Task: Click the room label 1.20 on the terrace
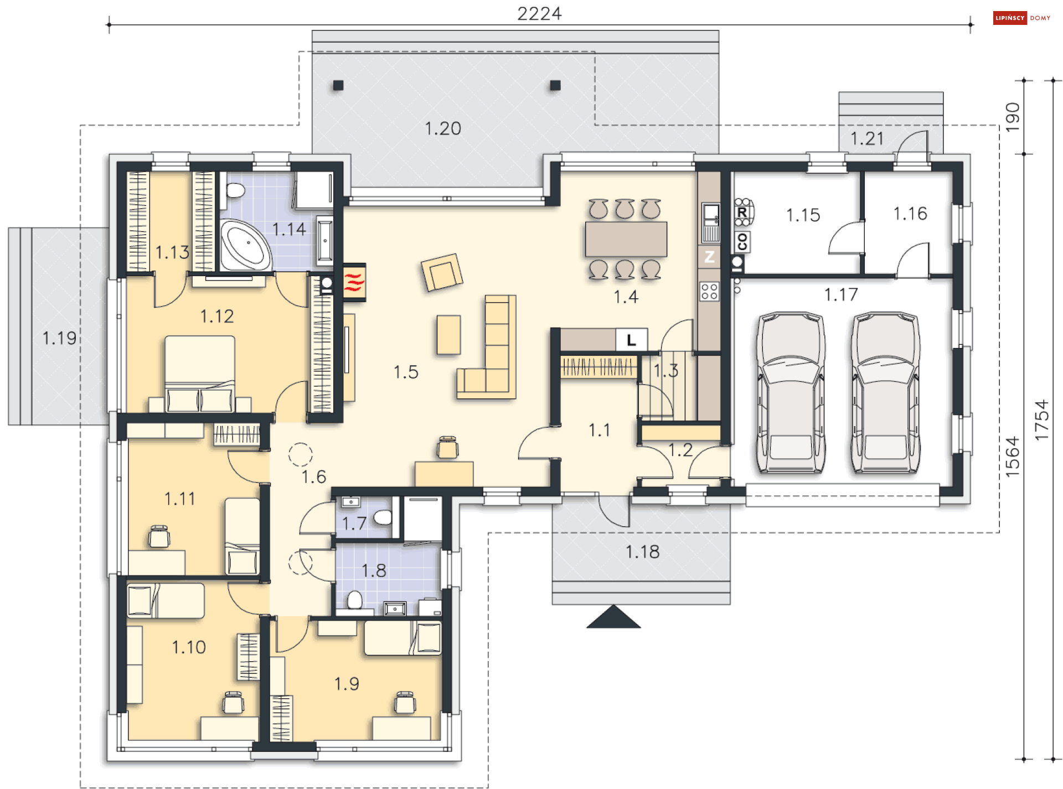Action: point(442,128)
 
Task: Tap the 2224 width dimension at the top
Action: point(539,13)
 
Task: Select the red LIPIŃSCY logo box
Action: point(1010,18)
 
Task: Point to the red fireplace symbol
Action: point(354,282)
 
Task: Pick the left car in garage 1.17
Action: point(791,392)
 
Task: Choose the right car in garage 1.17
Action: point(885,392)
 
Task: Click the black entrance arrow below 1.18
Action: point(613,616)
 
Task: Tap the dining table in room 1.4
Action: point(626,238)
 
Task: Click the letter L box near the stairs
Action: point(631,340)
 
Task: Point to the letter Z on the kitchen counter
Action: point(709,257)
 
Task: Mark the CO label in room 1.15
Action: point(742,242)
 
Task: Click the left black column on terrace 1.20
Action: point(338,85)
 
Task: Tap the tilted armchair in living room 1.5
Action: point(442,272)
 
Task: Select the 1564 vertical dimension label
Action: point(1012,457)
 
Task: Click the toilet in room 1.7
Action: point(383,517)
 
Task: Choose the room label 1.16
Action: point(910,214)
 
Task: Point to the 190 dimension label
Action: point(1012,117)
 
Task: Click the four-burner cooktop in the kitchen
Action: point(709,291)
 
